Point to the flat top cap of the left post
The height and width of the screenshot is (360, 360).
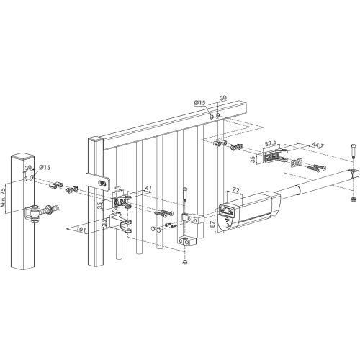point(22,153)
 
